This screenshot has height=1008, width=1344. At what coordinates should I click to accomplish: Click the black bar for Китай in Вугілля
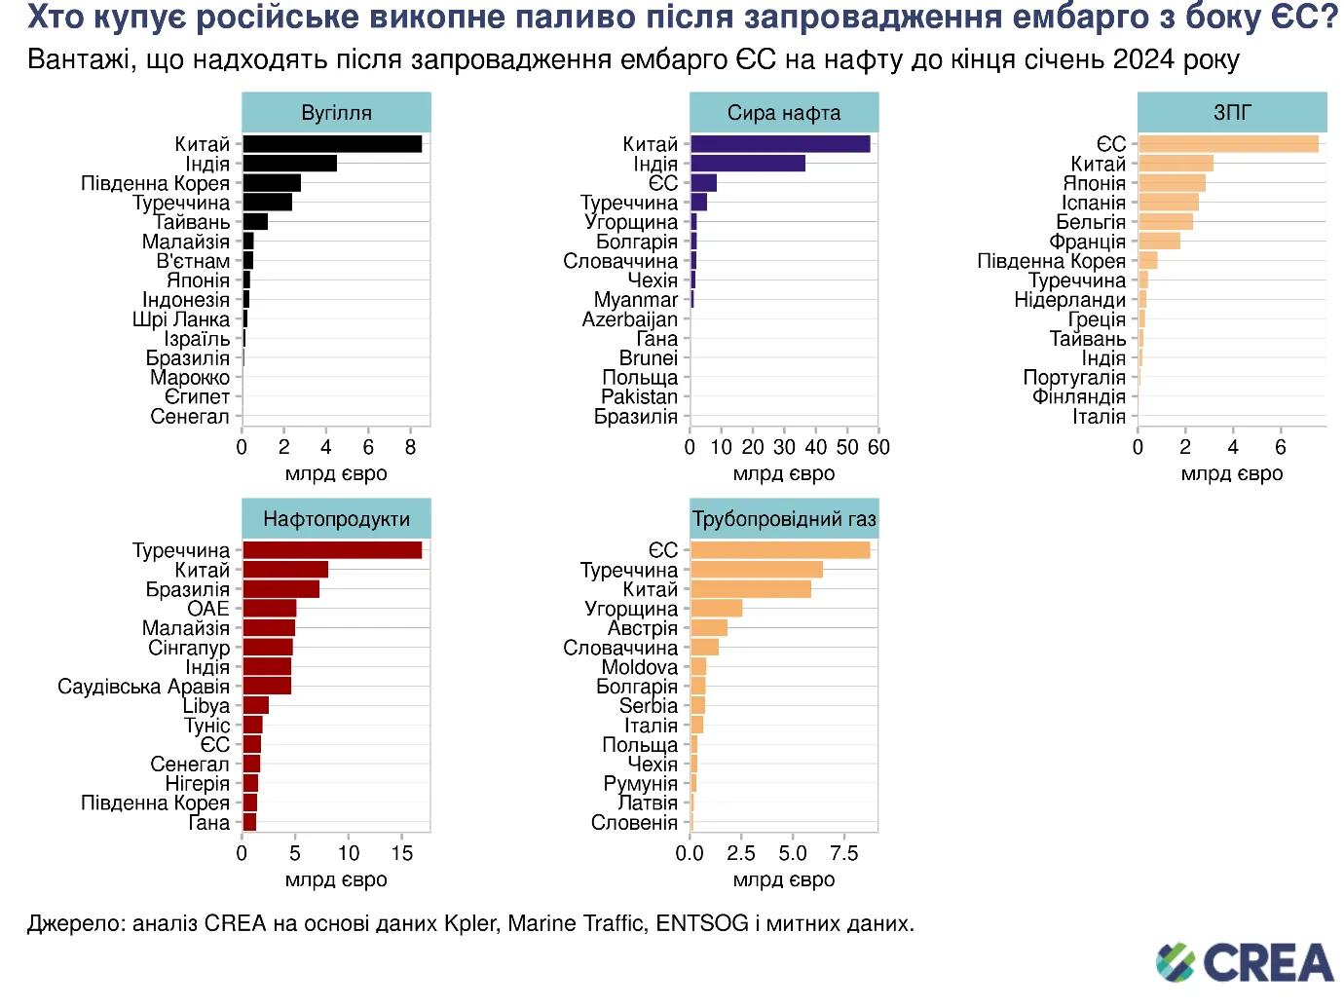tap(332, 144)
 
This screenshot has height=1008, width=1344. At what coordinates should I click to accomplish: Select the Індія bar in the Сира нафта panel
tap(748, 164)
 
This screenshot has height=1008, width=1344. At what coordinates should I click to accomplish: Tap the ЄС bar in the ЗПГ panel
tap(1228, 144)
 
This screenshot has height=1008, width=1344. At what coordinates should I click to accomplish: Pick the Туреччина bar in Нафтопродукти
tap(332, 550)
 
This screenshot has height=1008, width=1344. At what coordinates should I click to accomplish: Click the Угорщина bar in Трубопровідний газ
tap(716, 609)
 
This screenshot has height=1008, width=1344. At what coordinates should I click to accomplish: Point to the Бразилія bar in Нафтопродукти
tap(280, 589)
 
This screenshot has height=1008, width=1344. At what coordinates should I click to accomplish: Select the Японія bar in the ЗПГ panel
tap(1172, 183)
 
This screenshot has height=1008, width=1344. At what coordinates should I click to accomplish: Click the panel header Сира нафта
tap(784, 113)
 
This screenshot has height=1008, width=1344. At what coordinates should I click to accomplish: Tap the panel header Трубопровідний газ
tap(784, 519)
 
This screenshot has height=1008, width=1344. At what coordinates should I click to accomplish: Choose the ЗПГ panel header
tap(1232, 113)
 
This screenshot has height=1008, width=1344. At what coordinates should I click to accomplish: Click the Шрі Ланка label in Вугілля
tap(181, 319)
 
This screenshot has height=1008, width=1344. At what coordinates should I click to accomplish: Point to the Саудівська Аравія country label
tap(143, 687)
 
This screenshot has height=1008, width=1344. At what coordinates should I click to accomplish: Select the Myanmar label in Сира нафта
tap(635, 300)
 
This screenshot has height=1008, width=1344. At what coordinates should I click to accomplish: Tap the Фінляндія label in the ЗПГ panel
tap(1078, 396)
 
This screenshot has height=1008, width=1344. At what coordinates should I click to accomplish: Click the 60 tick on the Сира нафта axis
tap(878, 447)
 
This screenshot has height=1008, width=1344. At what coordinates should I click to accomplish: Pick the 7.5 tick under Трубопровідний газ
tap(843, 853)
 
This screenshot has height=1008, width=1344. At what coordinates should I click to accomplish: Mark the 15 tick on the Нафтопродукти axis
tap(402, 853)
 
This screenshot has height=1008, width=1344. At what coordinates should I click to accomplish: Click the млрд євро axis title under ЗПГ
tap(1232, 474)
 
